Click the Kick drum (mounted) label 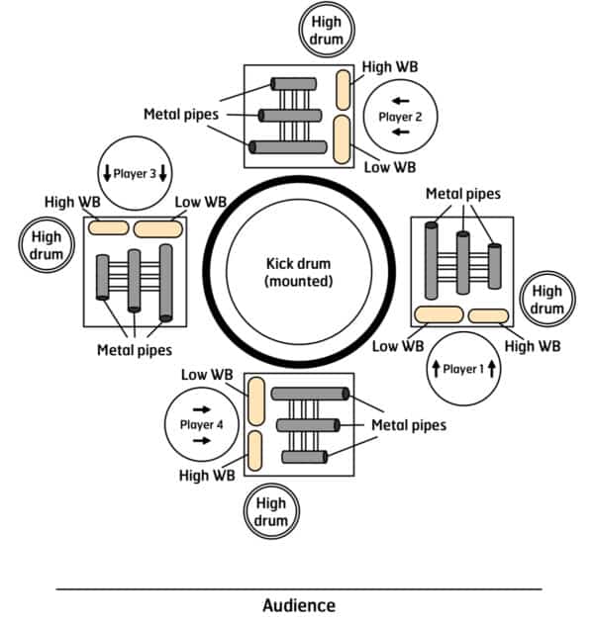coord(298,272)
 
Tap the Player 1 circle coord(463,369)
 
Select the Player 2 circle coord(400,117)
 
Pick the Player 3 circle coord(135,173)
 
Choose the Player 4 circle coord(202,424)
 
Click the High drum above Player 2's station coord(327,30)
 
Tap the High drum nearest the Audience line coord(271,511)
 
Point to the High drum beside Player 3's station coord(47,245)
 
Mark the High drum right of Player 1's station coord(547,299)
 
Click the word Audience coord(299,605)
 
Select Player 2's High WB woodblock coord(343,90)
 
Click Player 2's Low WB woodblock coord(342,139)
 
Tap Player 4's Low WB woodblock coord(256,401)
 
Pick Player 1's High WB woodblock coord(488,316)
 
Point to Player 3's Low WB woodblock coord(158,229)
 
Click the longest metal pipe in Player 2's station coord(288,147)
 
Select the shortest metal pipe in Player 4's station coord(305,457)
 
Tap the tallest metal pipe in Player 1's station coord(432,261)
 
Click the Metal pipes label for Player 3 coord(135,350)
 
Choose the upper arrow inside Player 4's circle coord(202,409)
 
